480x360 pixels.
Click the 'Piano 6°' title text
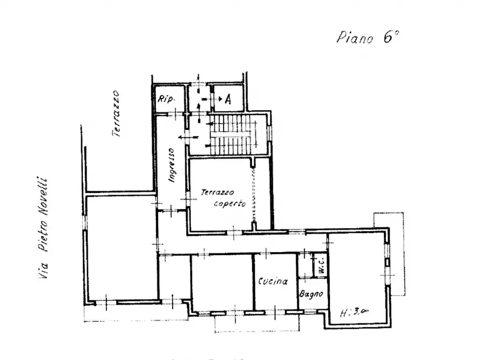pos(369,38)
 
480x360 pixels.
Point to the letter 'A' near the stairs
pos(228,99)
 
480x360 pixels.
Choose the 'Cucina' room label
pos(273,281)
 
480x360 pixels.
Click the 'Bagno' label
pos(312,294)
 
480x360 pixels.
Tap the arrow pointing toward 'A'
pos(217,99)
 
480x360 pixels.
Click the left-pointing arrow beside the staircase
pos(188,138)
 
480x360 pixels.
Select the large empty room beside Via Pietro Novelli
pos(121,247)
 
